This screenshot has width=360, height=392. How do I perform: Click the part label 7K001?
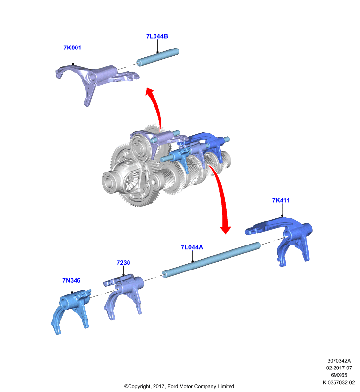coord(72,48)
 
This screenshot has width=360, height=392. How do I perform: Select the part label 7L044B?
coord(157,36)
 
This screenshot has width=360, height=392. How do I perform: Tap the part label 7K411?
coord(281,200)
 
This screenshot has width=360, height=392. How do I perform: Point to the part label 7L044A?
coord(192,247)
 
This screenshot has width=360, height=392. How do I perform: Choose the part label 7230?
coord(123,263)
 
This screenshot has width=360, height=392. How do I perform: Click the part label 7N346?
coord(72,280)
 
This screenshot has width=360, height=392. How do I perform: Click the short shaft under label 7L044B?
coord(158,57)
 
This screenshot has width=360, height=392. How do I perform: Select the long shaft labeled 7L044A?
coord(211,260)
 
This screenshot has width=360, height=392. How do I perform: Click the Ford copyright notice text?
coord(179,386)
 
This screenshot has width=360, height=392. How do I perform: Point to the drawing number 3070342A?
coord(339,361)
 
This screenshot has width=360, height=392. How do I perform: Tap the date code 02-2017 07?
coord(339,368)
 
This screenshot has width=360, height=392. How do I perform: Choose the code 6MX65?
coord(339,375)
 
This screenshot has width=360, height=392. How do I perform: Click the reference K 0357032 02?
coord(339,382)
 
